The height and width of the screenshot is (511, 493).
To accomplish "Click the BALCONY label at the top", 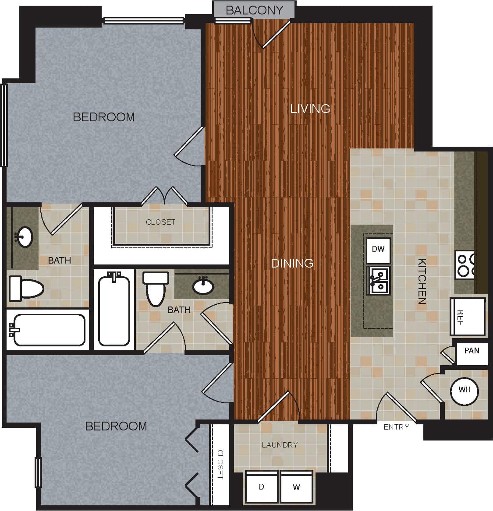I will click(254, 10).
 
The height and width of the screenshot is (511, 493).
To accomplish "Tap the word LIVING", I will click(310, 109).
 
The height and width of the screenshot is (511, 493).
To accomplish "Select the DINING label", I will click(292, 263).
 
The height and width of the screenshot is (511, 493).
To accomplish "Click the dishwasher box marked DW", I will click(378, 250).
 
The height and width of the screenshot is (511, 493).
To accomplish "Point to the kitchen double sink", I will click(379, 280).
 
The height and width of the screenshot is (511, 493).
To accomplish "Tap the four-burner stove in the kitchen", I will click(465, 264).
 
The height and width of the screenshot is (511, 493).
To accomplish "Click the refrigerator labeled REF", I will click(468, 317).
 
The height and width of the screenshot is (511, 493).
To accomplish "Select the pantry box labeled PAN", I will click(472, 351).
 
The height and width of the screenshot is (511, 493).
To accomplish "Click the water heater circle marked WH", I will click(465, 390).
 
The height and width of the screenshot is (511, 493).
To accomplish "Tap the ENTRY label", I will click(396, 427).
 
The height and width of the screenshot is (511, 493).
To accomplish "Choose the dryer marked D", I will click(262, 487).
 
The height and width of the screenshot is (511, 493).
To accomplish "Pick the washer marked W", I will click(296, 487).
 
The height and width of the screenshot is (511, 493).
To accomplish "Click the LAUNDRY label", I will click(280, 445).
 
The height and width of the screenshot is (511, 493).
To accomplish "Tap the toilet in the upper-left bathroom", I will click(26, 288).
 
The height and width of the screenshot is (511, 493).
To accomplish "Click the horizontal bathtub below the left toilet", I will click(47, 330).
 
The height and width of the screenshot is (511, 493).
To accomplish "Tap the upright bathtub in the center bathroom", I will click(114, 310).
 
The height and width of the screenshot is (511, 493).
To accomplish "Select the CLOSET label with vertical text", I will click(220, 464).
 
